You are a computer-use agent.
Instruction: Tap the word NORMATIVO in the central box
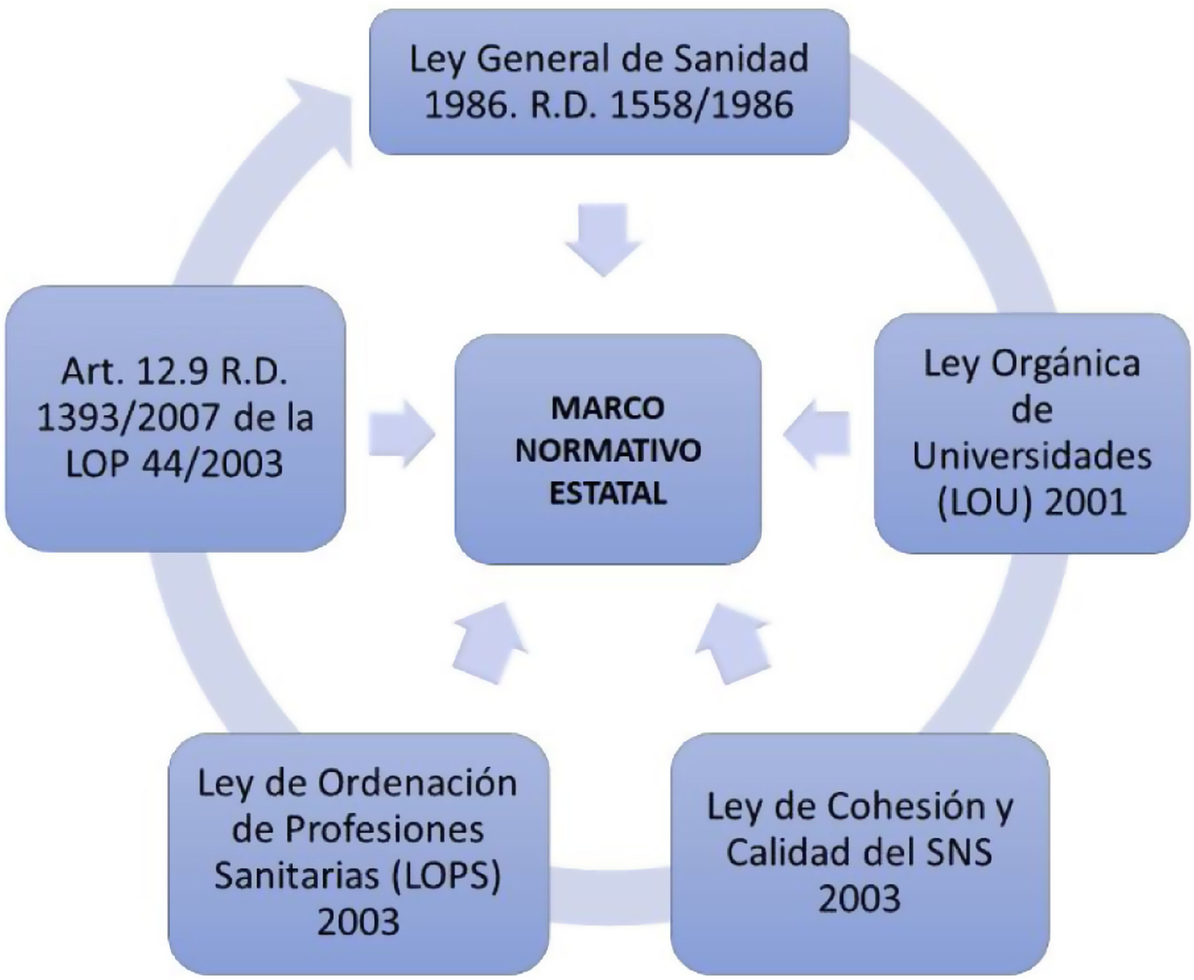click(x=608, y=450)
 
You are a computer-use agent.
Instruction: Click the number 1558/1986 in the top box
click(x=702, y=105)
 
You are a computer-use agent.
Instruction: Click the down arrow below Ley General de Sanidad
click(x=604, y=240)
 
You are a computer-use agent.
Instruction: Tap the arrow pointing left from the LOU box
click(x=816, y=434)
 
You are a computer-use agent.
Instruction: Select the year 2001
click(x=1085, y=501)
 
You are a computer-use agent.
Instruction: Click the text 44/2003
click(x=212, y=464)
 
